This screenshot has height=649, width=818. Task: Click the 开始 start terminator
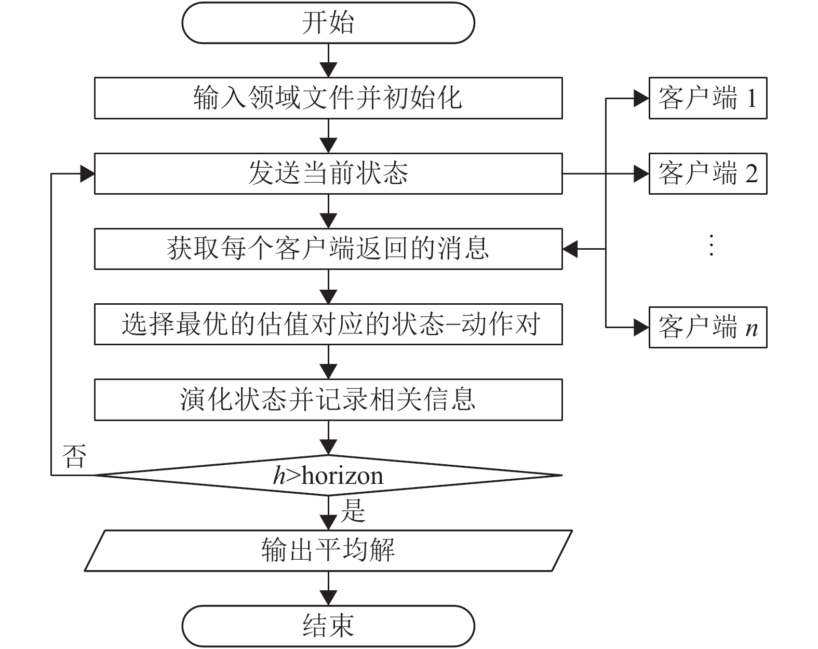328,23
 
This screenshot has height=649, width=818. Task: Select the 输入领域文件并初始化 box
328,98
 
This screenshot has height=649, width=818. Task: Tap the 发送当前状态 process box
328,173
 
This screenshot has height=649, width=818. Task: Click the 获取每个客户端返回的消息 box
328,249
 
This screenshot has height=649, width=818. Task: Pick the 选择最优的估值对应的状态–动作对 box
328,324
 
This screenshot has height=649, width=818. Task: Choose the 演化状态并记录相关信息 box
328,399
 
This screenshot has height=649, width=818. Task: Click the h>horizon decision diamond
328,475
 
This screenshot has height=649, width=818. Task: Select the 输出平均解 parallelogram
328,550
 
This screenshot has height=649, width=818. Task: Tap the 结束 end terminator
328,626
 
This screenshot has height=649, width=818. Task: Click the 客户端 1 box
707,98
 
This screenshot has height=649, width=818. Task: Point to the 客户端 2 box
707,173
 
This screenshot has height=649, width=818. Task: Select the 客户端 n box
707,328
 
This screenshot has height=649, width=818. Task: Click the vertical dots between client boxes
711,245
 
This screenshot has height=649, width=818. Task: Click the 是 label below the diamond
353,510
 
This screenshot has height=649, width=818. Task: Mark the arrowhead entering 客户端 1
641,98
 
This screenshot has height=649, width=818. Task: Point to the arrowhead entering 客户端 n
641,328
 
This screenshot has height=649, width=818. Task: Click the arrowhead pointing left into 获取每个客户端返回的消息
570,249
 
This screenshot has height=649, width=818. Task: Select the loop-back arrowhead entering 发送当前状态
87,174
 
